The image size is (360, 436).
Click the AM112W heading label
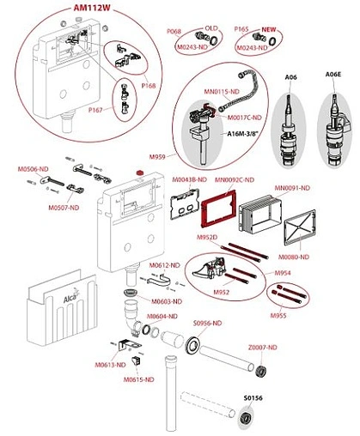coord(91,9)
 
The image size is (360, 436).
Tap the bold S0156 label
coord(253,397)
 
